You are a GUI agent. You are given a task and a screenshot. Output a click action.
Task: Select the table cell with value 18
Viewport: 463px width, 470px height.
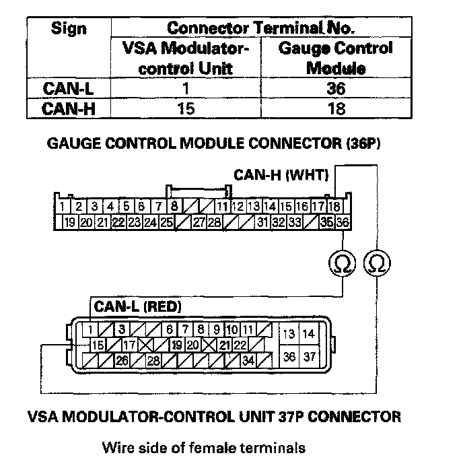[335, 108]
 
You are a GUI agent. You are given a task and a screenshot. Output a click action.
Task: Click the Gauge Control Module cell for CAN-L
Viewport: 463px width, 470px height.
[335, 89]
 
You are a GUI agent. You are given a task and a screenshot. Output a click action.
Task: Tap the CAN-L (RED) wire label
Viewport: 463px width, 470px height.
[137, 306]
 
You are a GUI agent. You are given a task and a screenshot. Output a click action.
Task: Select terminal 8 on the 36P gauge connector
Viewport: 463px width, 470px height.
[174, 206]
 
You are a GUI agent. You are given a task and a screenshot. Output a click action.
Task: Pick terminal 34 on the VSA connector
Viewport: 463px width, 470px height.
[248, 361]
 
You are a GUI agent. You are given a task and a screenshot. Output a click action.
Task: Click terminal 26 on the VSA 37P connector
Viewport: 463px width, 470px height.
[121, 361]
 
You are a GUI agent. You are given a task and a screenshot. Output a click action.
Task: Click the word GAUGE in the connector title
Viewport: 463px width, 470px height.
[73, 145]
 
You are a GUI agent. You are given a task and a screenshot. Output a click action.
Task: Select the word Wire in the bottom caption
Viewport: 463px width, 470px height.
[116, 447]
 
